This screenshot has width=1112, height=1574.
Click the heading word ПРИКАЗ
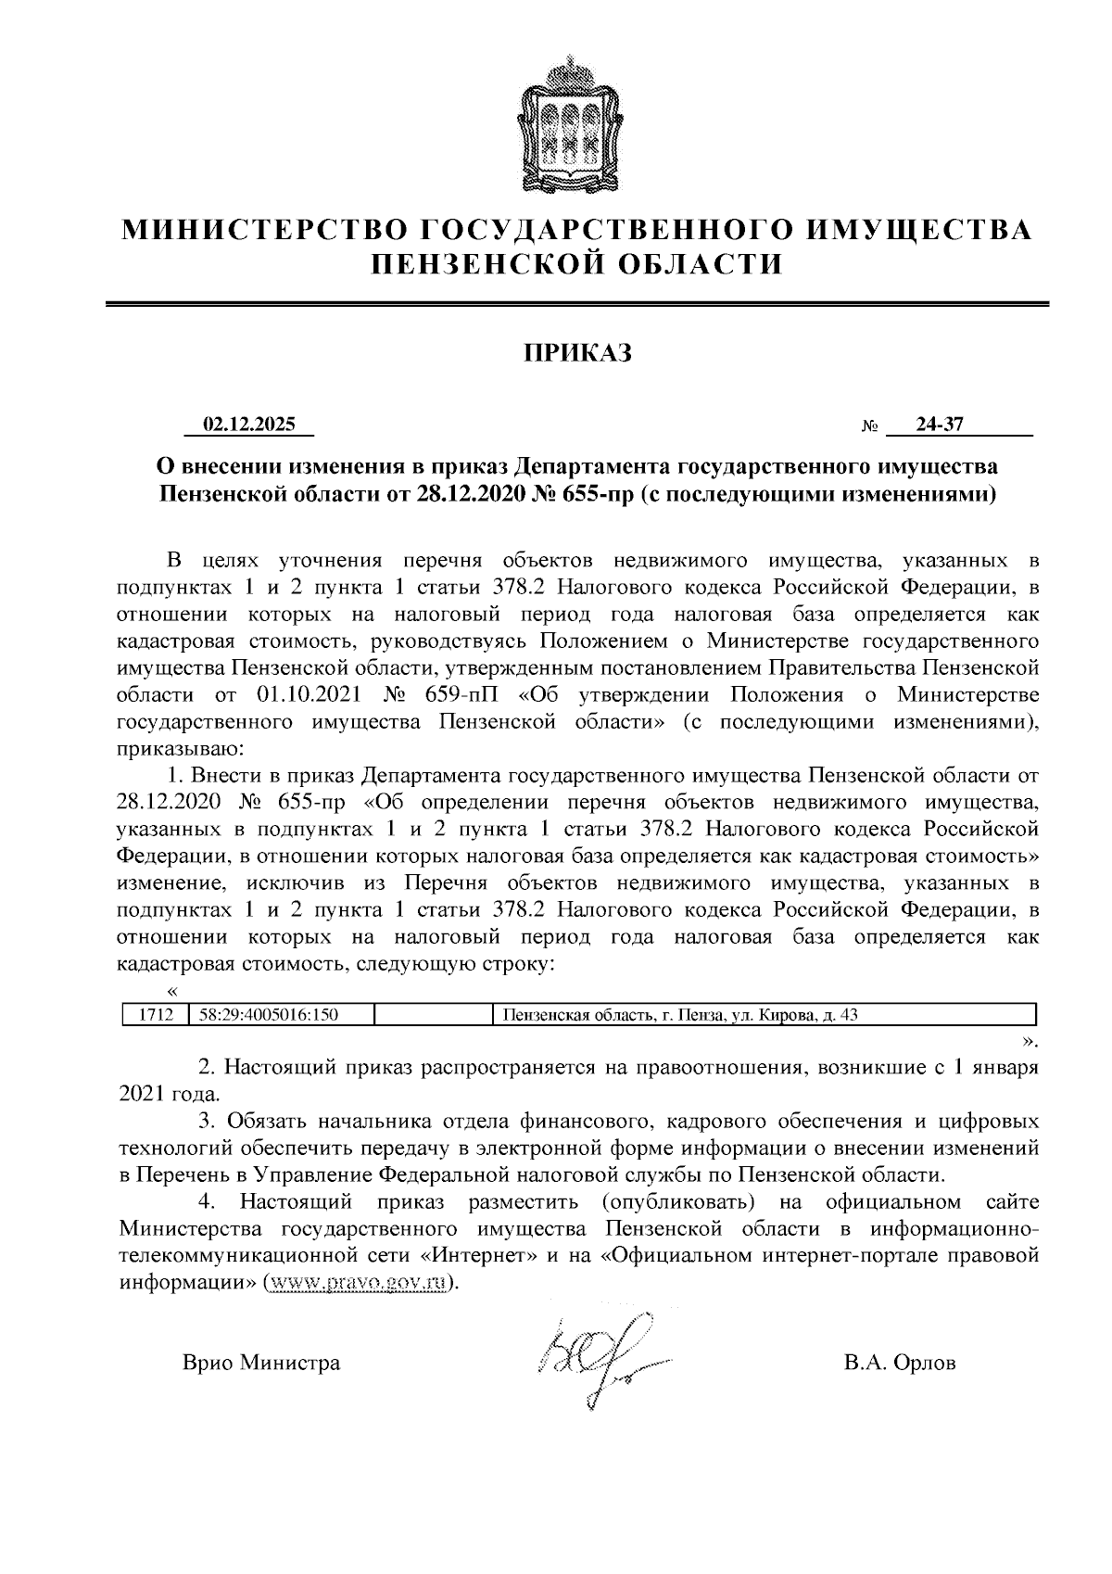point(577,352)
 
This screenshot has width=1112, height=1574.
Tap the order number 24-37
point(939,425)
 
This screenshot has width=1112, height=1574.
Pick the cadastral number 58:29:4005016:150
point(269,1014)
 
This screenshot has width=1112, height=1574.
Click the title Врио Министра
point(261,1363)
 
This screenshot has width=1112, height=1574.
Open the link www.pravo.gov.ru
point(360,1283)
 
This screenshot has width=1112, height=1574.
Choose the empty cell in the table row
point(431,1014)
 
